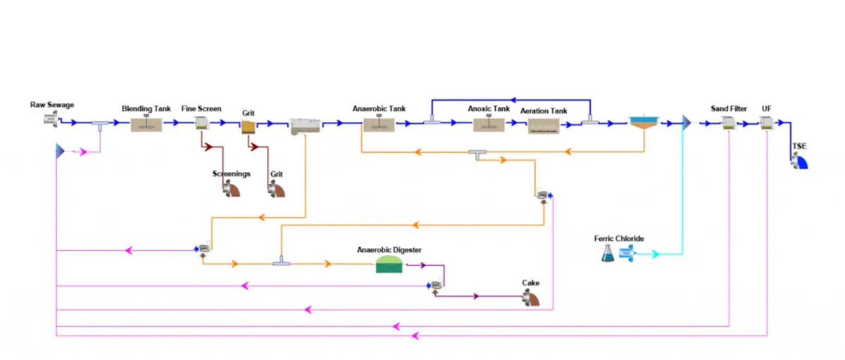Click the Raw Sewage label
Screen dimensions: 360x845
[x=51, y=105]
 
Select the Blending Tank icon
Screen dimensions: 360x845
[x=146, y=124]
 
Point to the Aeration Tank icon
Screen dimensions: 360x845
[x=544, y=125]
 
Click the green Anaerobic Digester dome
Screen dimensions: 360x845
[x=389, y=265]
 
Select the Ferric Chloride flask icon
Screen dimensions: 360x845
[x=608, y=254]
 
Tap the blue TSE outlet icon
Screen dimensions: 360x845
[x=799, y=161]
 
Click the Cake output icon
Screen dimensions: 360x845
[x=530, y=299]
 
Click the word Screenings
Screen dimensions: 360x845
[x=232, y=173]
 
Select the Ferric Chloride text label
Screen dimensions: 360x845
[x=619, y=239]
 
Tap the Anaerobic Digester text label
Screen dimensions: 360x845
[x=389, y=250]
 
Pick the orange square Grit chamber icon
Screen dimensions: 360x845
[x=248, y=126]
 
